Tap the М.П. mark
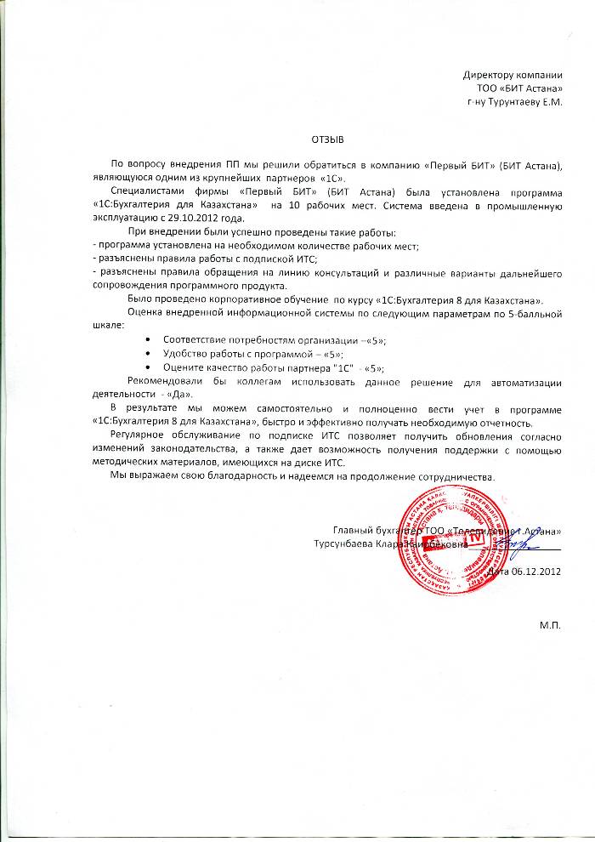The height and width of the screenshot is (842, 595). click(x=551, y=625)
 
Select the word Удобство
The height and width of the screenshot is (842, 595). click(x=184, y=354)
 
